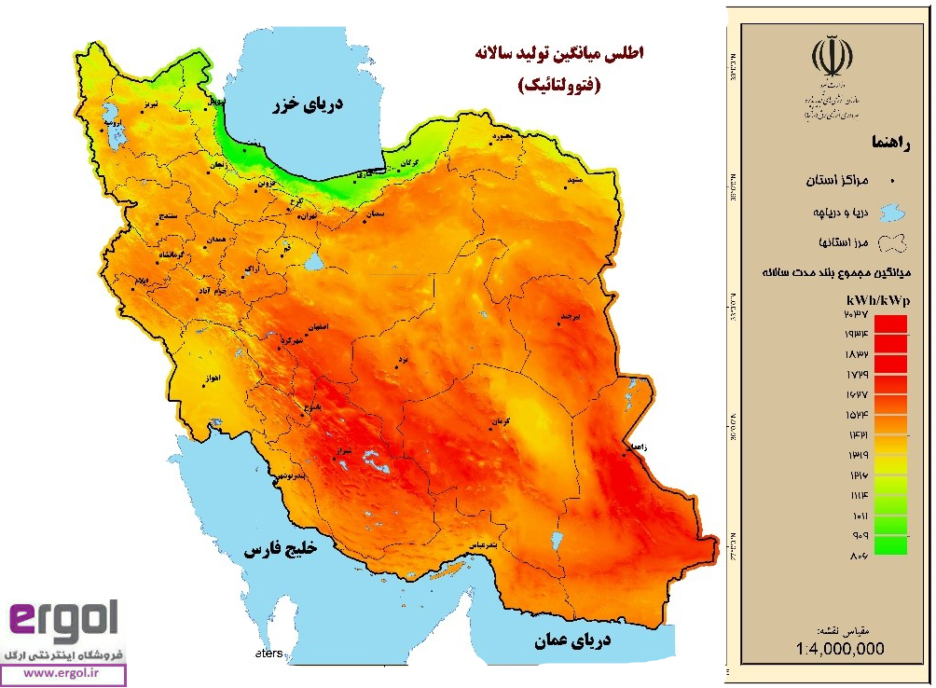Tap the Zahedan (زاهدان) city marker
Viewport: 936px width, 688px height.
(x=625, y=454)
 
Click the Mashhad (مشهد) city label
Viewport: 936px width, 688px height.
(x=573, y=178)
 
